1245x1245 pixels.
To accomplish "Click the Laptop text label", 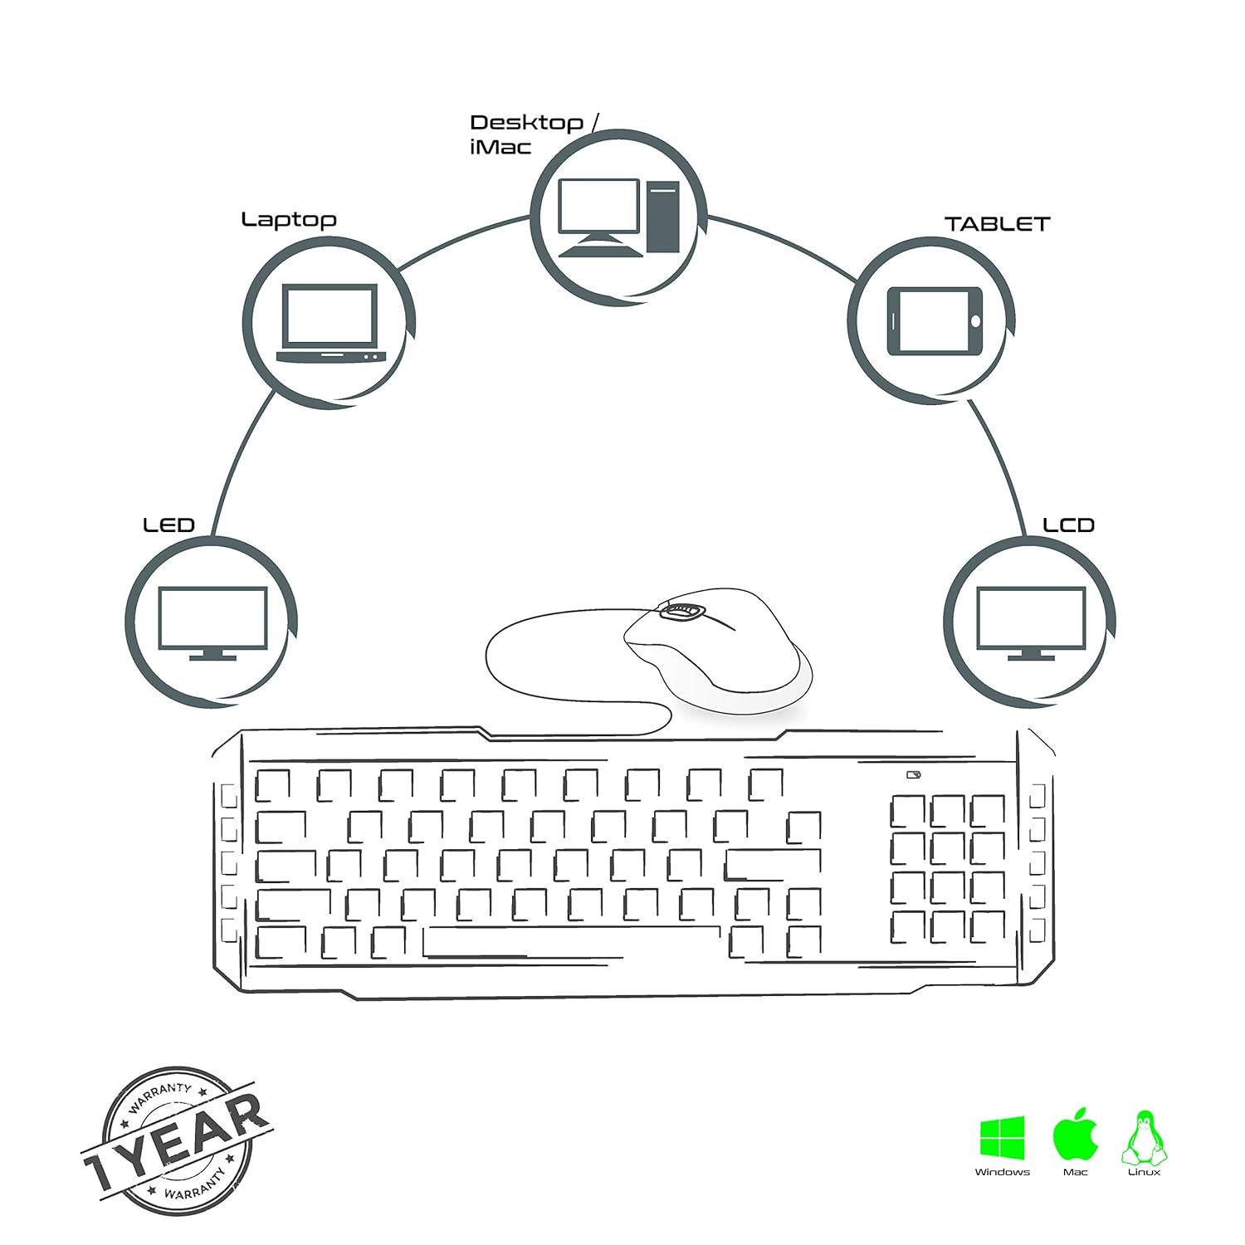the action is point(289,220).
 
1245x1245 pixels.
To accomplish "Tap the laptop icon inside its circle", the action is point(330,324).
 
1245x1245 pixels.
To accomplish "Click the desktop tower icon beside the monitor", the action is point(663,217).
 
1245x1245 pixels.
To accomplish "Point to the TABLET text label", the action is point(997,224).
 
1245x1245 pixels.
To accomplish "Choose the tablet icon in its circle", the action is point(935,321).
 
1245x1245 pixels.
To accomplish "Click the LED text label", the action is point(168,525).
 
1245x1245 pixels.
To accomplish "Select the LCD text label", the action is point(1068,525).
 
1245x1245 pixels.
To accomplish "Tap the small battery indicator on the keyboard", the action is point(914,776).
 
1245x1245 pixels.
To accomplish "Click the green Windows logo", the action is point(1003,1137).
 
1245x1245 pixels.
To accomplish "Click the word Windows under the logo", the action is point(1003,1172).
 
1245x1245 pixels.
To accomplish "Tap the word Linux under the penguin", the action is point(1144,1172).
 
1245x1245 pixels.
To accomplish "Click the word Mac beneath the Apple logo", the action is point(1076,1172).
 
